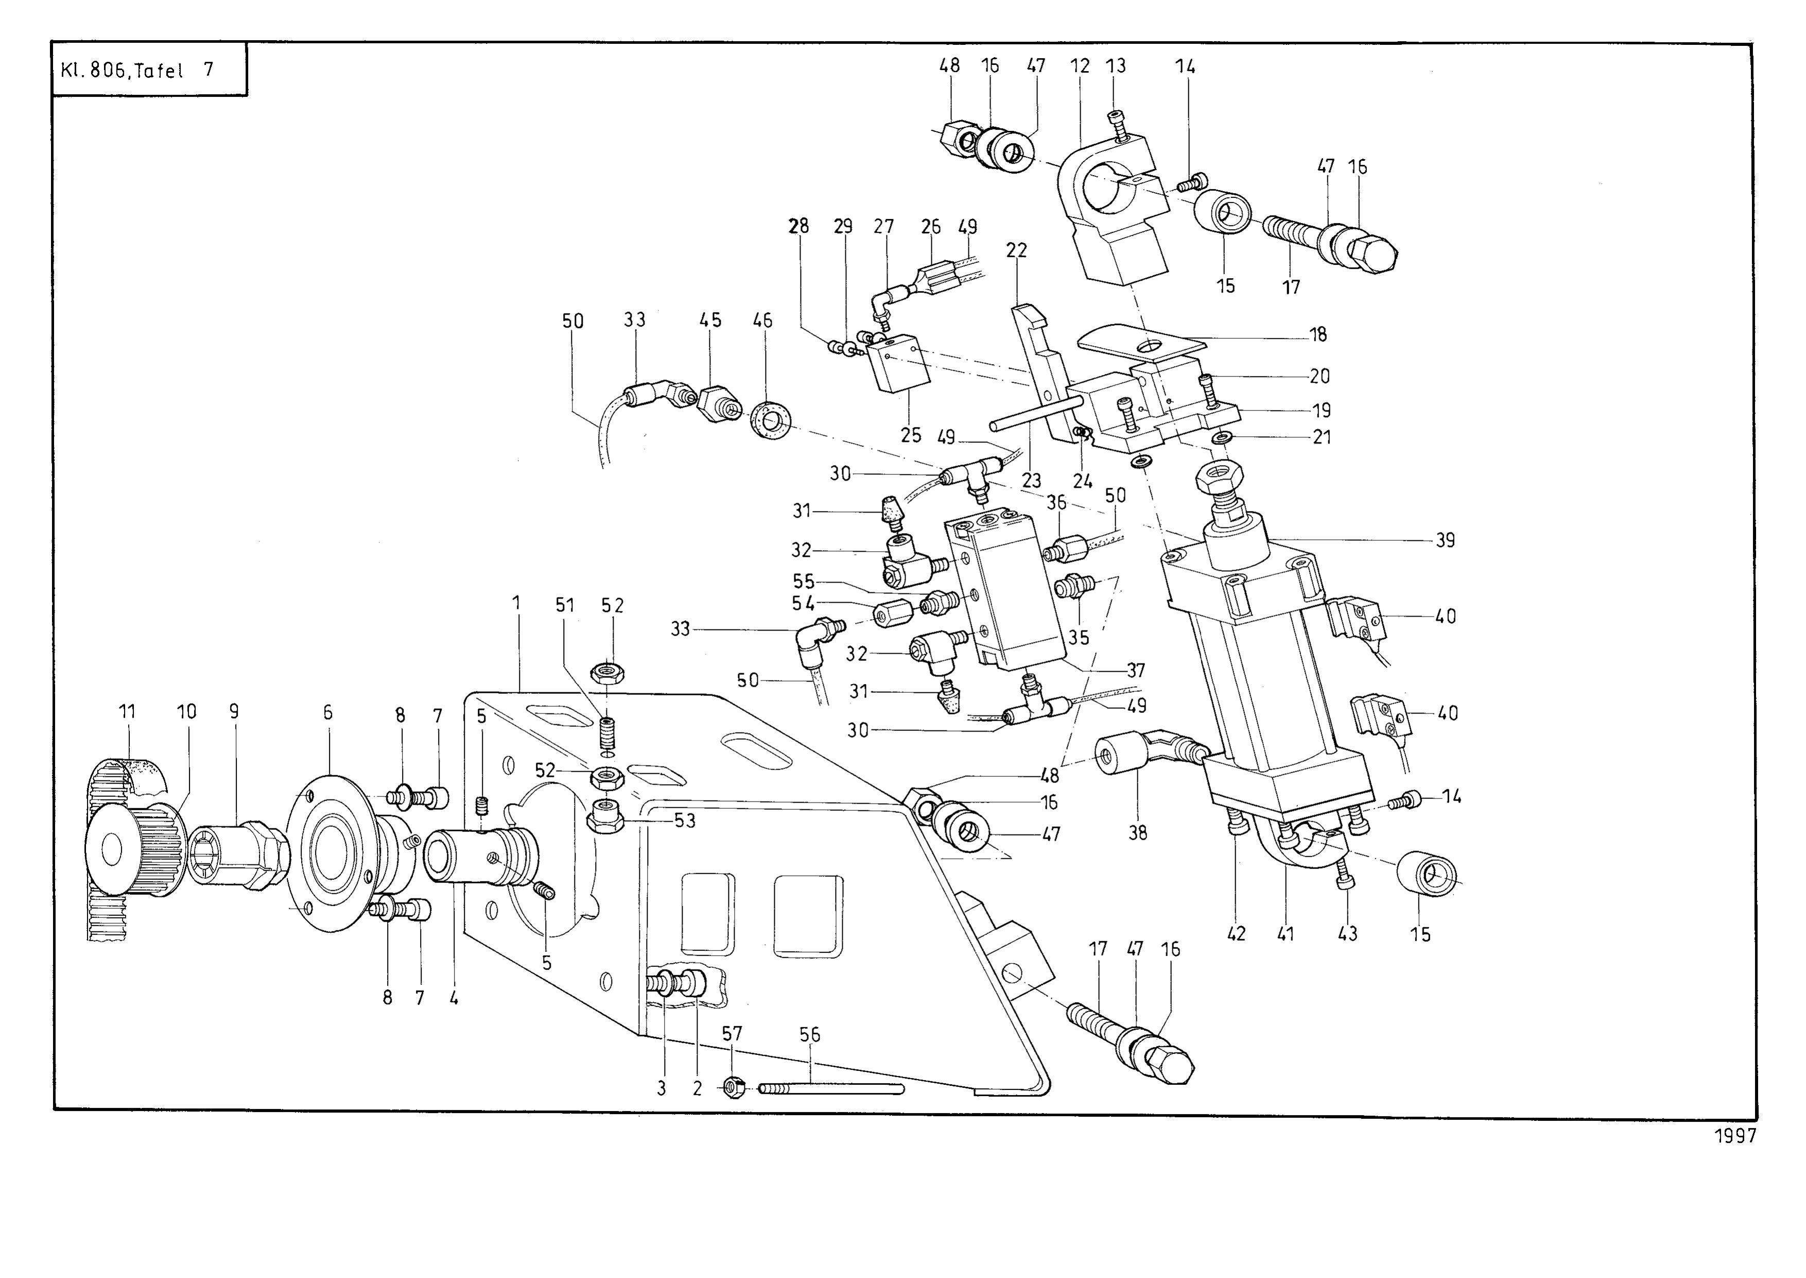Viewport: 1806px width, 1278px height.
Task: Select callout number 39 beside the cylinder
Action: pos(1445,541)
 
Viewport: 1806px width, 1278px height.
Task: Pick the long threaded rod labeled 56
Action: pos(830,1089)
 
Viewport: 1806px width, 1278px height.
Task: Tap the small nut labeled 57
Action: pos(733,1089)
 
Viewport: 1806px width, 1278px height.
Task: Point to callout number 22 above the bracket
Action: pos(1016,250)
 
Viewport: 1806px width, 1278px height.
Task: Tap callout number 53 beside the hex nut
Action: pos(685,820)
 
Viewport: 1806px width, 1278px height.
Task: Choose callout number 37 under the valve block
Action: pos(1136,671)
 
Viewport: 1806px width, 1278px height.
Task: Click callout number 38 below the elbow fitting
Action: pos(1138,832)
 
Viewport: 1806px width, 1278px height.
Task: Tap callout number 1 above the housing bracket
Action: pos(517,603)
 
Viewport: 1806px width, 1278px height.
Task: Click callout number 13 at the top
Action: pos(1116,65)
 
